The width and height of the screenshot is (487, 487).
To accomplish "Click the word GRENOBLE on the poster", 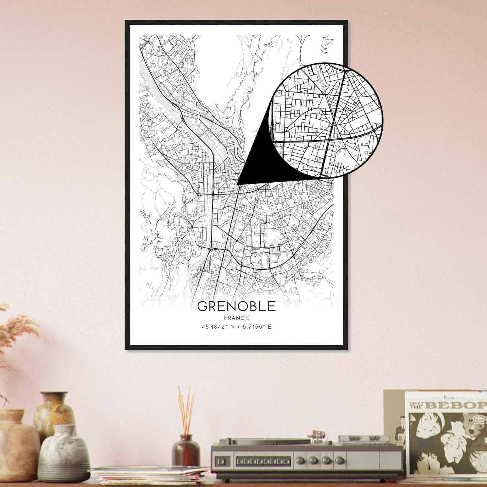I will coord(236,306).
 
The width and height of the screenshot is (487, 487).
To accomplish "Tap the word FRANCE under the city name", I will coord(236,318).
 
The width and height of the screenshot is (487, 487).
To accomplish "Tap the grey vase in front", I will coord(64,450).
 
